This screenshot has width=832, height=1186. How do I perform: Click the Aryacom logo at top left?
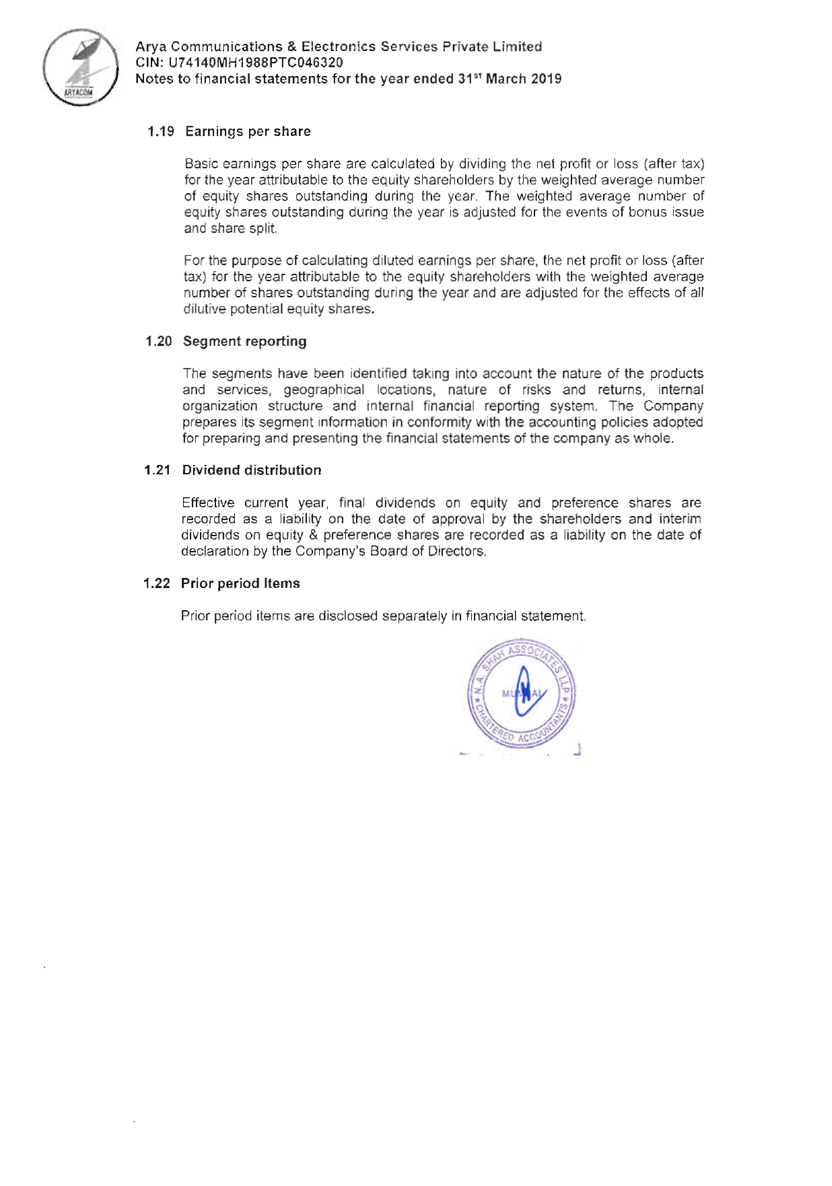tap(80, 67)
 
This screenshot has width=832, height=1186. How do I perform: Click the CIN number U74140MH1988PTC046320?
tap(256, 63)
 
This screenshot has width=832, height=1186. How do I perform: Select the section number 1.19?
tap(161, 131)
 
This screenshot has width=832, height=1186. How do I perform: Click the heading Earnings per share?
tap(248, 131)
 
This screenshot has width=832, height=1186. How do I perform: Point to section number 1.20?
tap(159, 341)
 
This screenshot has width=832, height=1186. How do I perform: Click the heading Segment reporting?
tap(244, 341)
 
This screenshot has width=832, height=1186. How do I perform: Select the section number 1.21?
tap(158, 470)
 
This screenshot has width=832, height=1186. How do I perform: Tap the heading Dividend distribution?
tap(252, 470)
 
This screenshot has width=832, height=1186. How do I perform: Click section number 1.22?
tap(157, 583)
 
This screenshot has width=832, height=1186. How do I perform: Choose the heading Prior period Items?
tap(240, 583)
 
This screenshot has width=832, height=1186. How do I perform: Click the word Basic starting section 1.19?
tap(200, 164)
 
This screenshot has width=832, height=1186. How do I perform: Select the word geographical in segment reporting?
tap(324, 390)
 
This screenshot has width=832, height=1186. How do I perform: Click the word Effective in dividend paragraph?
tap(208, 503)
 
